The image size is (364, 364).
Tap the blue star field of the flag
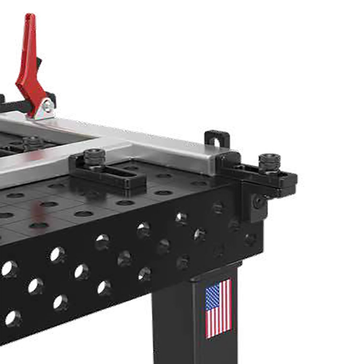tap(213, 297)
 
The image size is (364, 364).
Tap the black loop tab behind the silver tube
tap(217, 138)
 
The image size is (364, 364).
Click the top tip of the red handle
tap(30, 16)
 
